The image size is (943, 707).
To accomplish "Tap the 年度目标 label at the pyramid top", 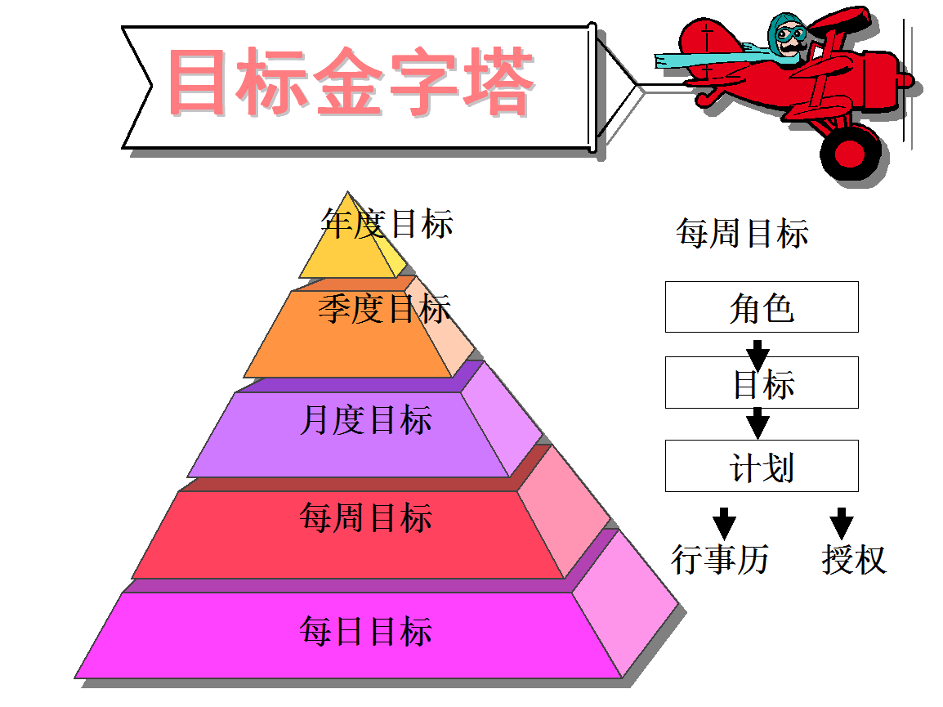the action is click(x=387, y=223).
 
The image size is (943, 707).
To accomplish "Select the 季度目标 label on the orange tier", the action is click(x=384, y=309).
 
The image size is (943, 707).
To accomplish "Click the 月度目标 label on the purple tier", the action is click(x=365, y=421).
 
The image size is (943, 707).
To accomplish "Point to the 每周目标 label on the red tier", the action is click(x=365, y=518).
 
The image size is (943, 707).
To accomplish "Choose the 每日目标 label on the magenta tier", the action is click(x=365, y=632).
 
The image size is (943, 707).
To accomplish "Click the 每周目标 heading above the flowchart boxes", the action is click(x=742, y=234).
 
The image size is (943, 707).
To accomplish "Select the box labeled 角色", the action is click(x=762, y=307).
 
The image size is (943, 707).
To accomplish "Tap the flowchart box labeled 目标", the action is click(x=762, y=383).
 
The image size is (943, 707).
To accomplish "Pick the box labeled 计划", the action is click(x=762, y=466).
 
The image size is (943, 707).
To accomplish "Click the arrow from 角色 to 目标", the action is click(x=758, y=355).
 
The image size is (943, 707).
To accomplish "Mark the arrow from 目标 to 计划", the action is click(x=758, y=423).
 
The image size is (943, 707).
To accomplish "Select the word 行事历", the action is click(x=720, y=560).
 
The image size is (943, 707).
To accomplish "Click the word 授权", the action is click(x=854, y=560).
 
